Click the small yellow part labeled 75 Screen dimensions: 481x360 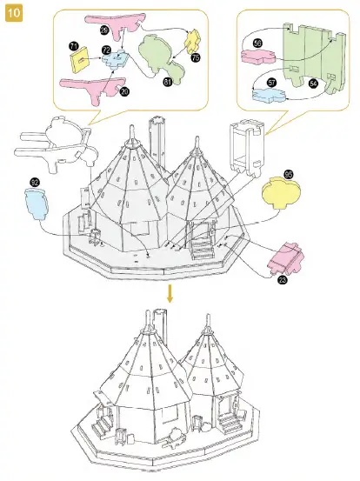coord(192,40)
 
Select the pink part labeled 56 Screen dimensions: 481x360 coord(257,57)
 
